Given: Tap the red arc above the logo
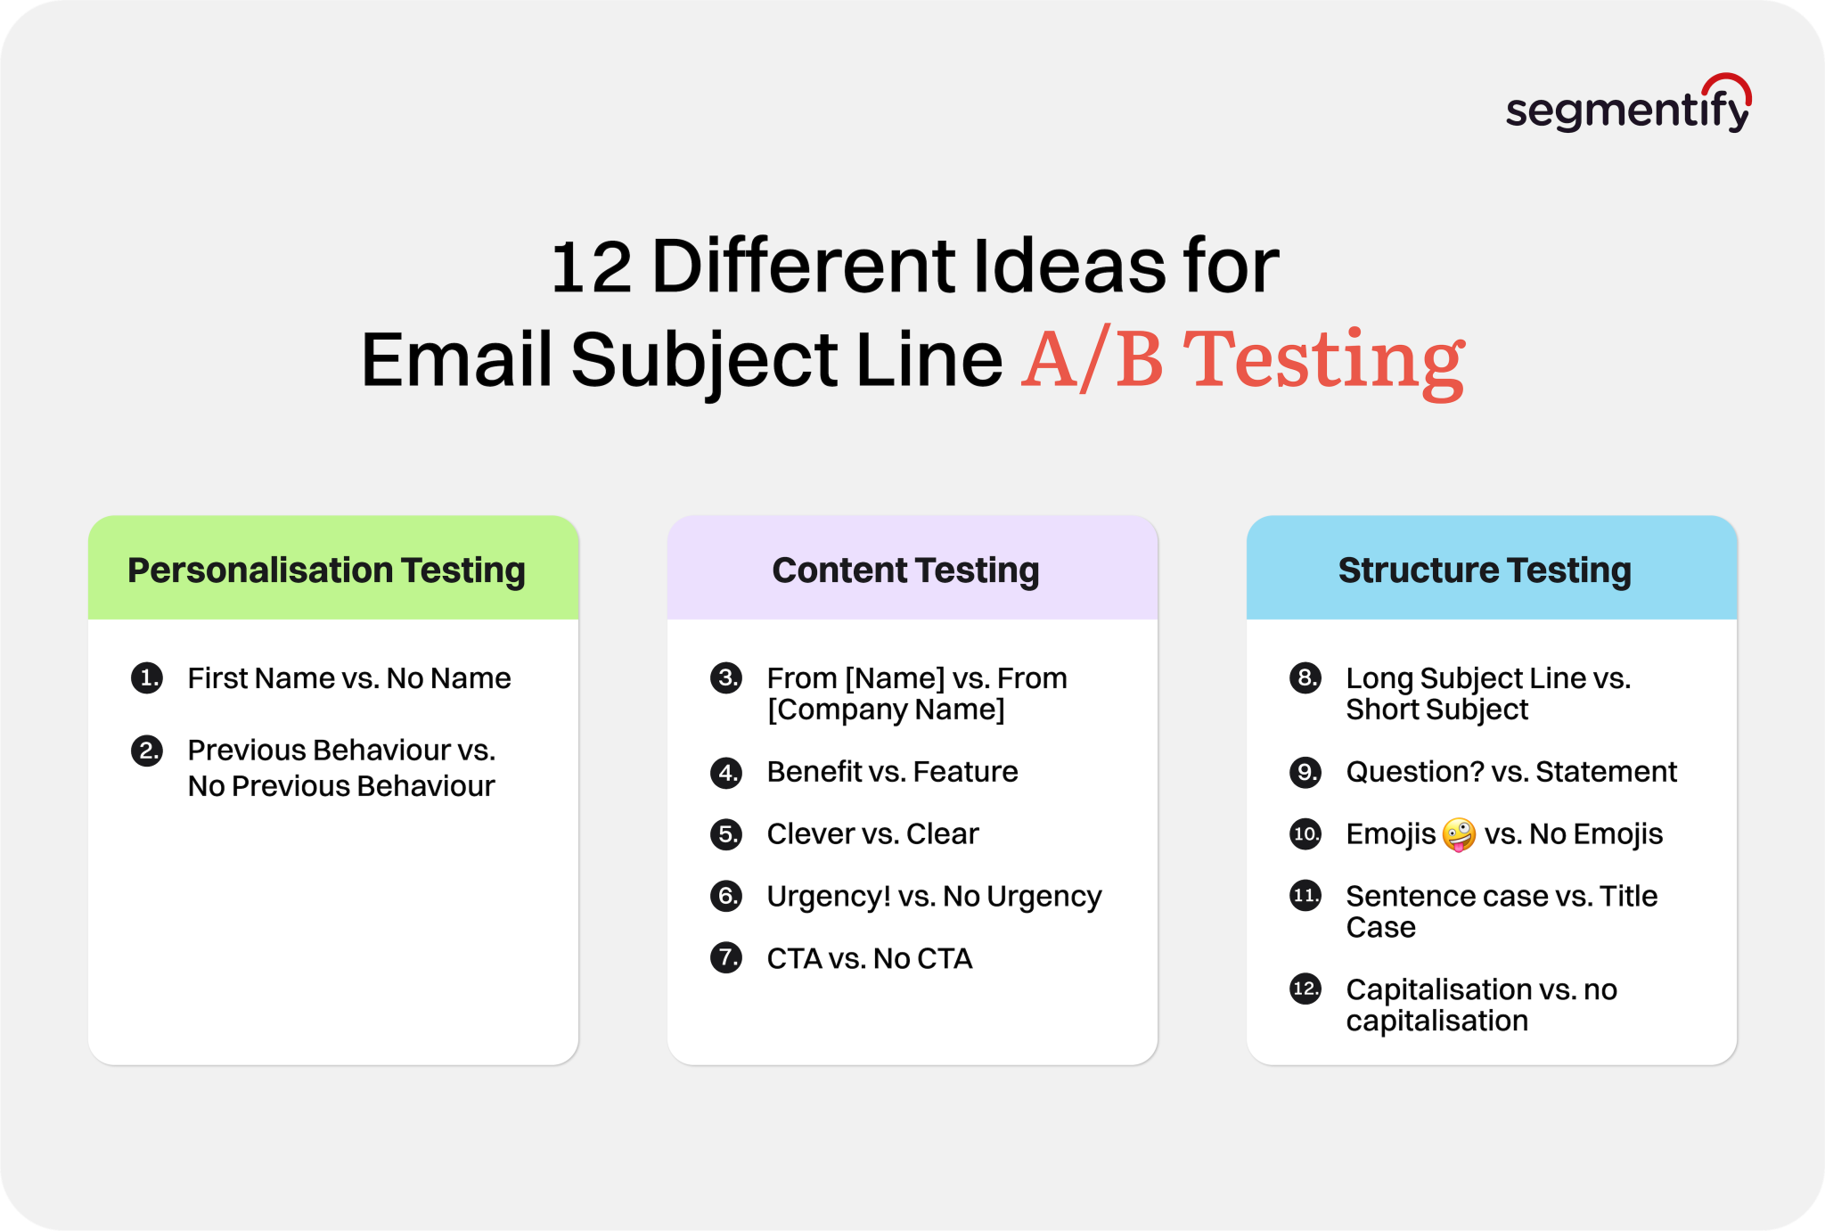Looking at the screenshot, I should click(x=1729, y=84).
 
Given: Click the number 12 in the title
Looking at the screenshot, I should click(x=591, y=267).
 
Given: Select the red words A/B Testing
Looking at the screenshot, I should click(x=1242, y=360).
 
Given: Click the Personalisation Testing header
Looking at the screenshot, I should click(x=326, y=570).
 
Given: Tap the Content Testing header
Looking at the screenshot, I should click(x=905, y=570).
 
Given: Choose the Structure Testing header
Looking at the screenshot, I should click(x=1485, y=570).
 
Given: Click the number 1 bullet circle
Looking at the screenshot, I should click(x=147, y=678).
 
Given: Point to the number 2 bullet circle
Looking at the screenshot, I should click(x=147, y=751).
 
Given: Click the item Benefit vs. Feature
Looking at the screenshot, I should click(x=892, y=772).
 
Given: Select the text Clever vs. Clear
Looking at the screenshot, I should click(x=872, y=834).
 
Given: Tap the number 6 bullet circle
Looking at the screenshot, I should click(x=726, y=896).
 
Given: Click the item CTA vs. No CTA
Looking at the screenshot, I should click(x=869, y=959).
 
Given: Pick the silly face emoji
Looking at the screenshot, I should click(x=1459, y=835).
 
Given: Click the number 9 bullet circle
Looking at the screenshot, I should click(x=1305, y=772).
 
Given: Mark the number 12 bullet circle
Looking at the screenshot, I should click(x=1305, y=989).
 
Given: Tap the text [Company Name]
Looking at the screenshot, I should click(x=886, y=710).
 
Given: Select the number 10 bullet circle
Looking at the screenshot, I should click(x=1305, y=834).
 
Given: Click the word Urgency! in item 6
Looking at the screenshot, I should click(x=829, y=897).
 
